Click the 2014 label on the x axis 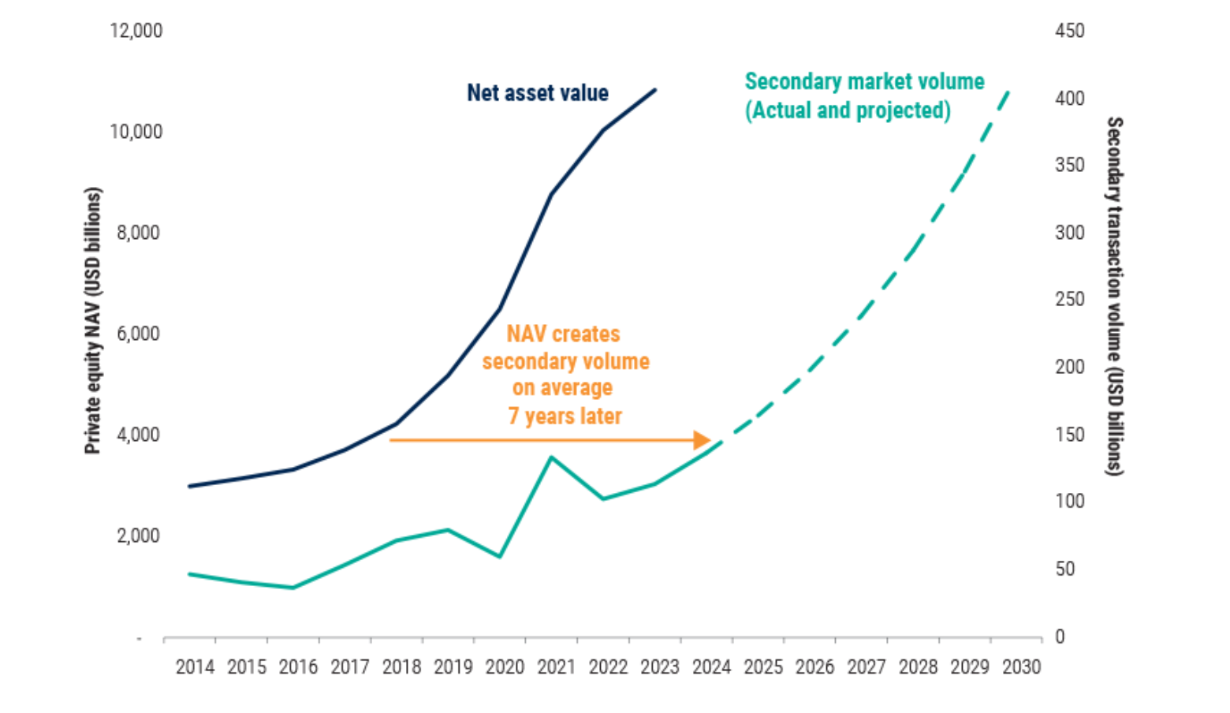(195, 667)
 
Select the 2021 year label (557, 667)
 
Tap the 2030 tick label (1021, 667)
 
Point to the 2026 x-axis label (814, 667)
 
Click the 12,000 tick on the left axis (136, 31)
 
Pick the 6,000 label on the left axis (138, 334)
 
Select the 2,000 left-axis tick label (138, 536)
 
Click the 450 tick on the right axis (1070, 31)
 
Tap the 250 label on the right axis (1070, 300)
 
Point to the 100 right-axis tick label (1070, 502)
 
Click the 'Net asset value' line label (538, 93)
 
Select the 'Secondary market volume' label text (864, 81)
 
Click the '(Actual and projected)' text (848, 110)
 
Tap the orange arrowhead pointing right (702, 440)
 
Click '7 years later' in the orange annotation (565, 416)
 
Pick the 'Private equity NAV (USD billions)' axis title (93, 320)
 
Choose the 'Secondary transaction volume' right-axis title (1114, 296)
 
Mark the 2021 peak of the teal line (551, 457)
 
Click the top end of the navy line (655, 90)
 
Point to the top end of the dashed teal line (1008, 91)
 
